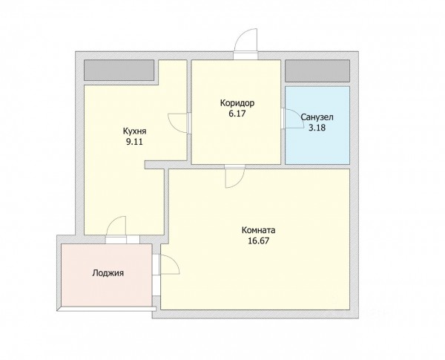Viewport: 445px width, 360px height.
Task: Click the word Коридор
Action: pos(237,103)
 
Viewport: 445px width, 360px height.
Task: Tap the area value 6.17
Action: pos(237,114)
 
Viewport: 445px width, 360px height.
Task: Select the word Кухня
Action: pos(134,131)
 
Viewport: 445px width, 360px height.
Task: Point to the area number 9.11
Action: pos(134,142)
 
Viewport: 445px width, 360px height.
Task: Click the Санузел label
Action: pos(317,117)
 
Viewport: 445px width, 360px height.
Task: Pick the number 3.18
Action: pos(317,128)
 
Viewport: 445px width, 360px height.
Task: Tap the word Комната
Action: pos(259,230)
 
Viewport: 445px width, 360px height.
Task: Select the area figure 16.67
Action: pos(259,240)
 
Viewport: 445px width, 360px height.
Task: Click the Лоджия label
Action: pos(108,273)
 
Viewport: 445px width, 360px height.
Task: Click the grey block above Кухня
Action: pos(119,71)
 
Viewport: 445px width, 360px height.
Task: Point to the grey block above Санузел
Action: pos(317,71)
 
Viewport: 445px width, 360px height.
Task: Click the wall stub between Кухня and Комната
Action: pos(155,165)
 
